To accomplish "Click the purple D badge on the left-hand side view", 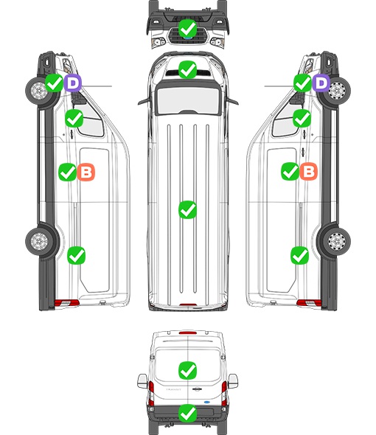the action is point(73,83).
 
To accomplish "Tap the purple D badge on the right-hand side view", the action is point(321,83).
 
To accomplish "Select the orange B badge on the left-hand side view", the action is point(86,172).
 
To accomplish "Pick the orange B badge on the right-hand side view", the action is point(308,172).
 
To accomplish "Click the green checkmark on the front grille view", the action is point(187,28).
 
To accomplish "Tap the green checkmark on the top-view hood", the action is point(187,69).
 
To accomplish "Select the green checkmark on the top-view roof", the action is point(187,209).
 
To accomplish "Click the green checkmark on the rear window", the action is point(187,370).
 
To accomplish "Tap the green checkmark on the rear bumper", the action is point(187,414).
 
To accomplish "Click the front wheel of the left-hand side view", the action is point(39,91).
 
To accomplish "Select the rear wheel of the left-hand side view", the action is point(39,241).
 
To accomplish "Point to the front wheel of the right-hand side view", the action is point(337,91).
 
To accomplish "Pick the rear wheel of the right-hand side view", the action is point(337,241).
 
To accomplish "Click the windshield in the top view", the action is point(188,100).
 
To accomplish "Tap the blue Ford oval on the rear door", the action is point(206,402).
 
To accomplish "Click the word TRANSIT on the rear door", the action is point(173,389).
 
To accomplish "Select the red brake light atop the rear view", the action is point(188,333).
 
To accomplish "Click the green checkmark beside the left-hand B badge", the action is point(67,172).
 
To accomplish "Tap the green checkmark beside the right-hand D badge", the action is point(302,83).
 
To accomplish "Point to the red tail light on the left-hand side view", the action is point(66,303).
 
